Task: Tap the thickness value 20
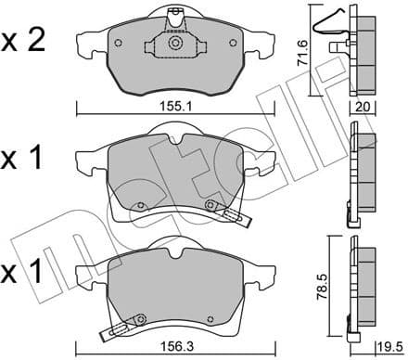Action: [363, 107]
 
